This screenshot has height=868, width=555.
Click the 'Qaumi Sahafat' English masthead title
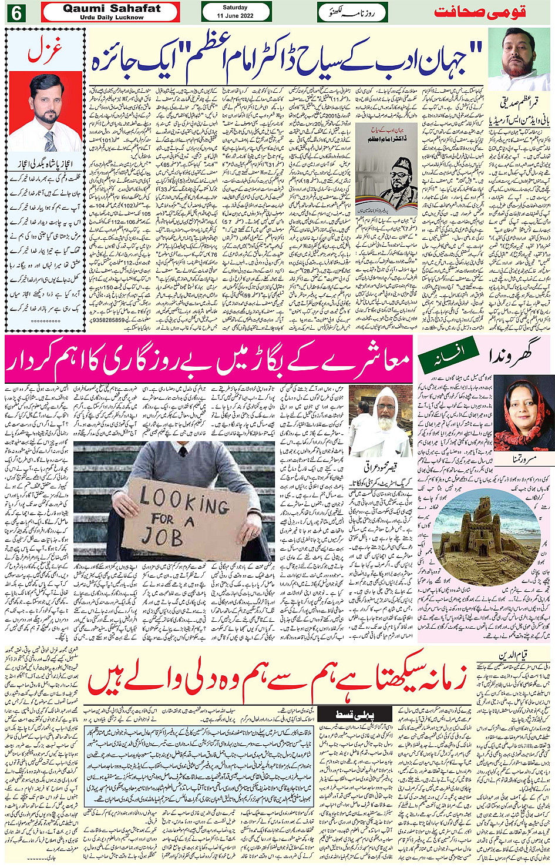coord(111,9)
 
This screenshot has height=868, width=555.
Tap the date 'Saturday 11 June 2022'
coord(235,12)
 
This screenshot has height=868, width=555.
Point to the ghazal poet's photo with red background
coord(46,112)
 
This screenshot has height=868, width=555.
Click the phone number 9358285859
coord(113,321)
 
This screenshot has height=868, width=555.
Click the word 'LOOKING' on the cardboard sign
coord(184,500)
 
